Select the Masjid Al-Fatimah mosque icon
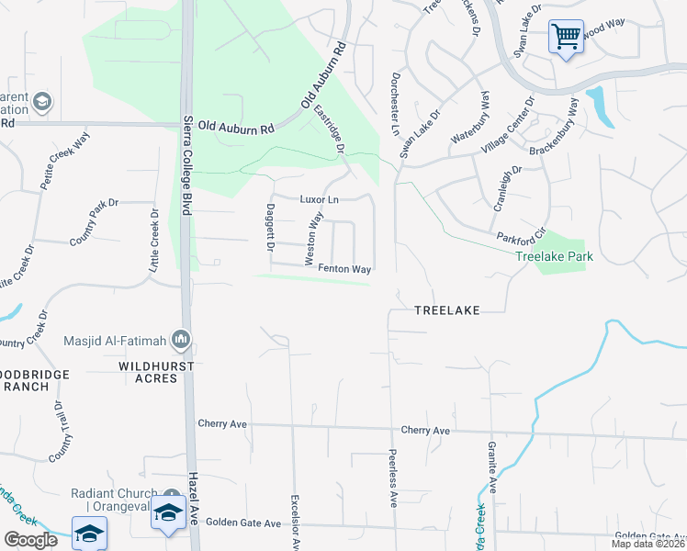(x=180, y=342)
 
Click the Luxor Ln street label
(x=320, y=199)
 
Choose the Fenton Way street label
(x=344, y=269)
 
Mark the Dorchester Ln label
(x=397, y=107)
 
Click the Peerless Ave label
(x=392, y=478)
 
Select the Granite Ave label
(x=491, y=467)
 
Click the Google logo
(x=30, y=540)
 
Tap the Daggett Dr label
(x=271, y=228)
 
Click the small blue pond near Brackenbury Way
(x=600, y=106)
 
